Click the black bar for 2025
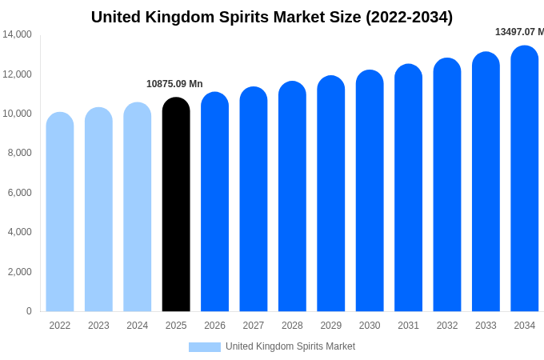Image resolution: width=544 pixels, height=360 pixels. (x=176, y=205)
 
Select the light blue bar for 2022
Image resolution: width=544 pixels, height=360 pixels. (x=60, y=212)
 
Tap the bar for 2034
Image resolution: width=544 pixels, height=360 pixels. (x=525, y=178)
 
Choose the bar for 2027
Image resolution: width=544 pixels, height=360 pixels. (x=254, y=199)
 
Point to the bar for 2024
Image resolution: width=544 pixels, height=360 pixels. (x=138, y=207)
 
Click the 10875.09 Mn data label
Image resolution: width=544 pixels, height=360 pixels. (x=174, y=84)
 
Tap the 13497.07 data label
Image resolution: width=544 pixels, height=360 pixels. (x=518, y=32)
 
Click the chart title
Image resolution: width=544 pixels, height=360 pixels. (x=272, y=17)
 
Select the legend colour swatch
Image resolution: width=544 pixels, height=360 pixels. (x=204, y=346)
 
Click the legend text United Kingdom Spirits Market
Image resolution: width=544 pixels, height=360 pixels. (x=290, y=346)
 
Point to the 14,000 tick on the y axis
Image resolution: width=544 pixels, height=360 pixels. (x=17, y=34)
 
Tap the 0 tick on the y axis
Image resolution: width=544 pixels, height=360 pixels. (x=29, y=311)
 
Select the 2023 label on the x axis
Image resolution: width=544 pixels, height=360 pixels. (x=98, y=326)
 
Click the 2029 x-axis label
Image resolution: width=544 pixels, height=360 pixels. (x=331, y=326)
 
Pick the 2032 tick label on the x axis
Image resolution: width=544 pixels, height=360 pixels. (x=447, y=326)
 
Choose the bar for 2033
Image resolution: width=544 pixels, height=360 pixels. (x=486, y=182)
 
